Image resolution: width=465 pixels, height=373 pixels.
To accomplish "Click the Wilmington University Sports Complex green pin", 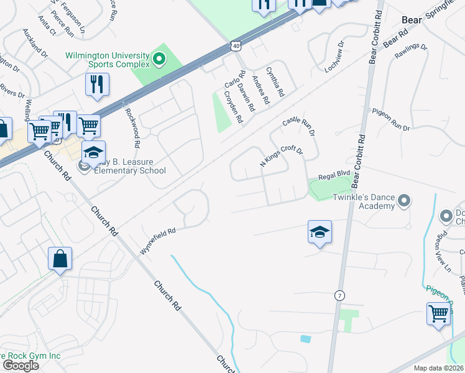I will [159, 60].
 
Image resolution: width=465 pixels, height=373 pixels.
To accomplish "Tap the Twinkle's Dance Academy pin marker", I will [404, 200].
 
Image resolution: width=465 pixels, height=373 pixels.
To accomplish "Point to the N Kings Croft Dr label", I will [280, 157].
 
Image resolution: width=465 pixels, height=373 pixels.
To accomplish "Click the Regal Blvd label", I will [331, 176].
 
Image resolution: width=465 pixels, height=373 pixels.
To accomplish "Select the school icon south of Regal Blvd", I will [320, 233].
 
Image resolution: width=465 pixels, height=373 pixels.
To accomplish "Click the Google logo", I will [21, 366].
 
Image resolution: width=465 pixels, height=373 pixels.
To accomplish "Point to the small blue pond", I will [305, 339].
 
